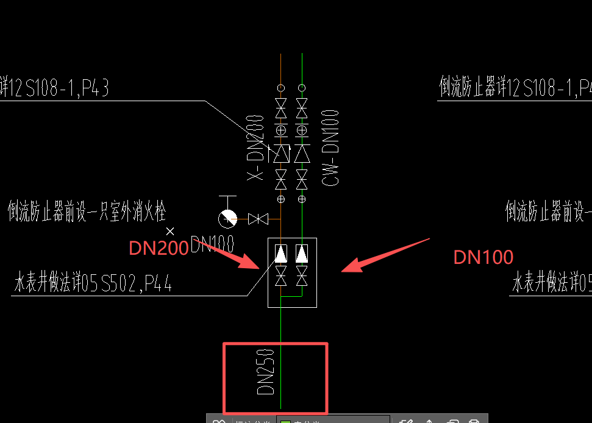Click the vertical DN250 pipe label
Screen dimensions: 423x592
pos(266,372)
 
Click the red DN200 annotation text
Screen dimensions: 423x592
pos(159,248)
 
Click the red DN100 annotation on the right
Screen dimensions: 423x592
pos(483,257)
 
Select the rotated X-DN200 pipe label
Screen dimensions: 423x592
pos(257,148)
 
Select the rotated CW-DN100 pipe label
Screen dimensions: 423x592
pos(330,148)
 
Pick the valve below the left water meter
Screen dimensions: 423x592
pos(281,275)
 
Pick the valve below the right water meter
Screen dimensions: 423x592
pos(302,275)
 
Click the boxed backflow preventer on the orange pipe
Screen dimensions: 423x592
pos(281,153)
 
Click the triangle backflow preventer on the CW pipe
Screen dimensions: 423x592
pos(302,153)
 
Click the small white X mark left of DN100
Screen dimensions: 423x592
pos(171,231)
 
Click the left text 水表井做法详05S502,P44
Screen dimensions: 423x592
pos(93,283)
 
